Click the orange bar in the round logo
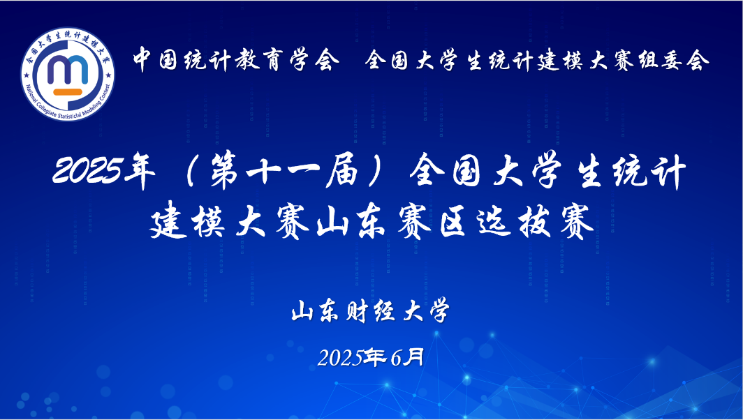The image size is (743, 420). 68,92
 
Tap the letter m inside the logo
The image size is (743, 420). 68,70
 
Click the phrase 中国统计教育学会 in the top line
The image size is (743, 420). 235,60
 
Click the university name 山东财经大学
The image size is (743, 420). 371,312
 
